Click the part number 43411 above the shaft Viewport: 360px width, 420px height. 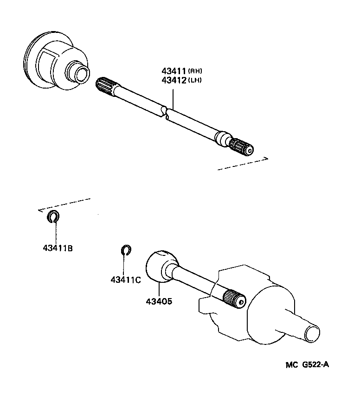point(174,71)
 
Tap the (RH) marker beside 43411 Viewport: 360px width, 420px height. point(195,71)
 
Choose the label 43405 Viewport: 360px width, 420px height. point(159,301)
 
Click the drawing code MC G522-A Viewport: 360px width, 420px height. point(307,364)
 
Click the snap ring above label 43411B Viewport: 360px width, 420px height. point(53,216)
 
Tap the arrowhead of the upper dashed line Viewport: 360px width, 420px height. point(267,159)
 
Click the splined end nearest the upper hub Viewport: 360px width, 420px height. point(106,87)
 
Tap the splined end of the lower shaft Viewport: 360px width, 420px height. point(234,298)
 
